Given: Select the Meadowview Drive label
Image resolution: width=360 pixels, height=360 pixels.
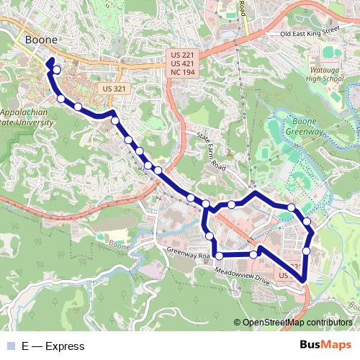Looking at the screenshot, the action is click(x=243, y=276).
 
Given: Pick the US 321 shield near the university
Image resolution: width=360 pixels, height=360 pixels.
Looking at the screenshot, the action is click(x=114, y=88).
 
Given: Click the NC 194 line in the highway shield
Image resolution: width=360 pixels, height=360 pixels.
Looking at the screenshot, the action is click(x=182, y=73).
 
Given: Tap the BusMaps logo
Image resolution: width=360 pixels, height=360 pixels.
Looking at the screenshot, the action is click(x=325, y=346).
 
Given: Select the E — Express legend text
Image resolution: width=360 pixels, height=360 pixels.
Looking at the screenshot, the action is click(x=53, y=346).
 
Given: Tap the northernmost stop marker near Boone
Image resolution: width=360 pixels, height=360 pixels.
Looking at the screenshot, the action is click(x=56, y=71).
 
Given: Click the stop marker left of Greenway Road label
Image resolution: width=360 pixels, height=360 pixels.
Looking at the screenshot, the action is click(x=220, y=255).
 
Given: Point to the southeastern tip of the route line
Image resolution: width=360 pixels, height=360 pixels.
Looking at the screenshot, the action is click(x=303, y=281).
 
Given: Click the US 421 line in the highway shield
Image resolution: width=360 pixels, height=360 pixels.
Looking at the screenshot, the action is click(x=182, y=64).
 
